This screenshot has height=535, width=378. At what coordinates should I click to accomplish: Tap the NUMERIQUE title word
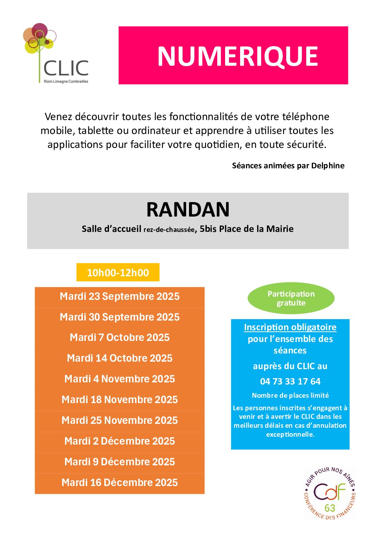point(238,56)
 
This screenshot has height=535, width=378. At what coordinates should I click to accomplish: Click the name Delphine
point(328,165)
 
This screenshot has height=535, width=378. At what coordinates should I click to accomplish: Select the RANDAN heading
point(188,209)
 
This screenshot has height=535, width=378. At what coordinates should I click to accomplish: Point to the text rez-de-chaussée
point(169,230)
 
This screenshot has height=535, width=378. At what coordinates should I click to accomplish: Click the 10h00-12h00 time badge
point(118,273)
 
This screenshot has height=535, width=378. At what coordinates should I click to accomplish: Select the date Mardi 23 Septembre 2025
point(120,297)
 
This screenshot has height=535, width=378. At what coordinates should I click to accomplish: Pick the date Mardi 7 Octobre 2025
point(120,338)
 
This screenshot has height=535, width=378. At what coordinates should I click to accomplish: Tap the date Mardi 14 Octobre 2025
point(120,358)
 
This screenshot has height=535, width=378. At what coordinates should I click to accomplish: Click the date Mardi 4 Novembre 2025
point(120,379)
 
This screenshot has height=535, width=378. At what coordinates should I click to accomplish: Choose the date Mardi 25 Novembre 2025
point(120,421)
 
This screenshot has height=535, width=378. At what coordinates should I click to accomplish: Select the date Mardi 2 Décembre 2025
point(120,441)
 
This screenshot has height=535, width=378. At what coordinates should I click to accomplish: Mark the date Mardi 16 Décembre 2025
point(120,483)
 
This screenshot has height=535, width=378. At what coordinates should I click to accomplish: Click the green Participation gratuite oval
point(291,298)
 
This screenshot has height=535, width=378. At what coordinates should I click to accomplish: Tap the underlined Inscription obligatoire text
point(290,327)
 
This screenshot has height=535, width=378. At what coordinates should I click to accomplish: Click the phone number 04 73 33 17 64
point(290,382)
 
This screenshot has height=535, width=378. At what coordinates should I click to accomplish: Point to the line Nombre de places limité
point(290,396)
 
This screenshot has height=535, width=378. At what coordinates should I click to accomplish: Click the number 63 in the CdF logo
point(330,508)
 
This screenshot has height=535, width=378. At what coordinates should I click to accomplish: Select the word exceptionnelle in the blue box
point(290,435)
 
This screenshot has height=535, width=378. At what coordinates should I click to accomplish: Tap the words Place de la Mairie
point(256,229)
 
